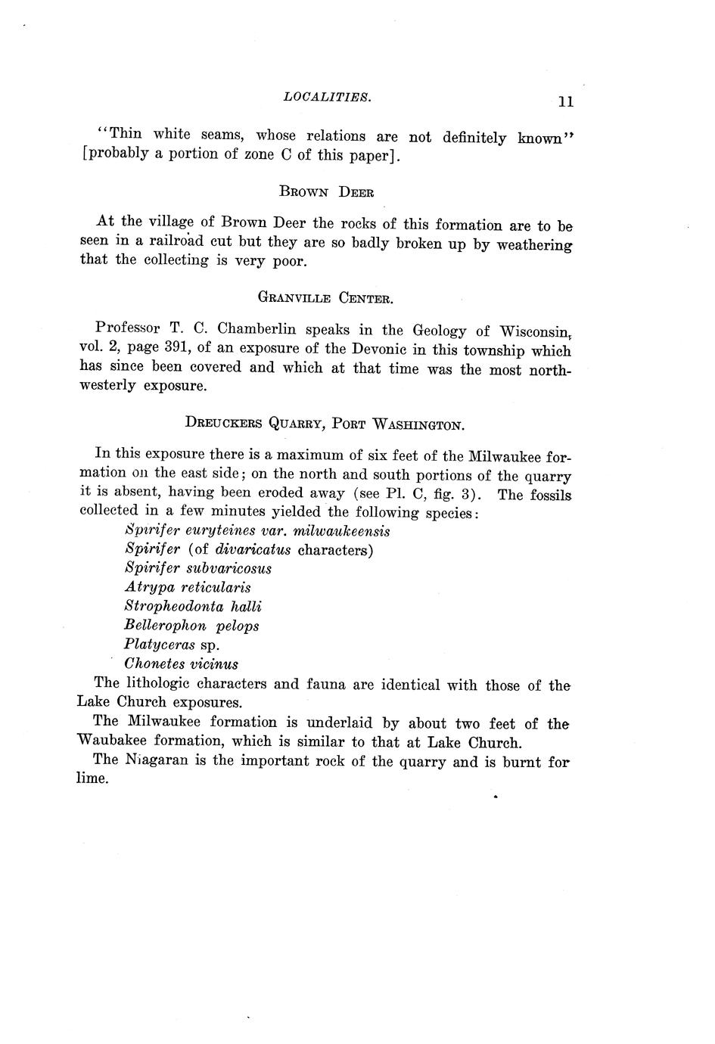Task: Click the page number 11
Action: pyautogui.click(x=565, y=102)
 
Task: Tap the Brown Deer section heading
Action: pyautogui.click(x=326, y=192)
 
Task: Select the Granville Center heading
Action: pyautogui.click(x=325, y=298)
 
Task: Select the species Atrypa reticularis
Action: pyautogui.click(x=188, y=587)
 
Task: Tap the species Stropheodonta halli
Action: pyautogui.click(x=193, y=607)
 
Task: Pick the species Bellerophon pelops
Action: pyautogui.click(x=191, y=626)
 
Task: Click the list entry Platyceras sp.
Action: pyautogui.click(x=173, y=645)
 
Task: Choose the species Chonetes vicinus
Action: pyautogui.click(x=182, y=664)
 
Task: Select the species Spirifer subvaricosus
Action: pyautogui.click(x=198, y=568)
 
